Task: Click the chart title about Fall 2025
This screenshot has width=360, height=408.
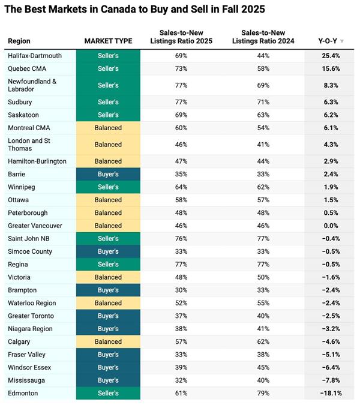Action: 136,10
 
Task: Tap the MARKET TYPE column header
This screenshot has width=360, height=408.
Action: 108,41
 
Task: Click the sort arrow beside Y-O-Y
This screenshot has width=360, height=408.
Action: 342,41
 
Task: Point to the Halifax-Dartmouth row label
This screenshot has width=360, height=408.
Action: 35,56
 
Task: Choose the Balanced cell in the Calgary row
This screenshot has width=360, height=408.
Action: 108,342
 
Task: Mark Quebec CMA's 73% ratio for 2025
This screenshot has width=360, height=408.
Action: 181,68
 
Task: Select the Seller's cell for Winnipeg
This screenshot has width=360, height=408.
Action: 108,187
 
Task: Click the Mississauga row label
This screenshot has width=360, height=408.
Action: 26,380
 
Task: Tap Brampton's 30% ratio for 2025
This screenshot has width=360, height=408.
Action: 181,290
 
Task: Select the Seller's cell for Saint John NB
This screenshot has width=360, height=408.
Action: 108,239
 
